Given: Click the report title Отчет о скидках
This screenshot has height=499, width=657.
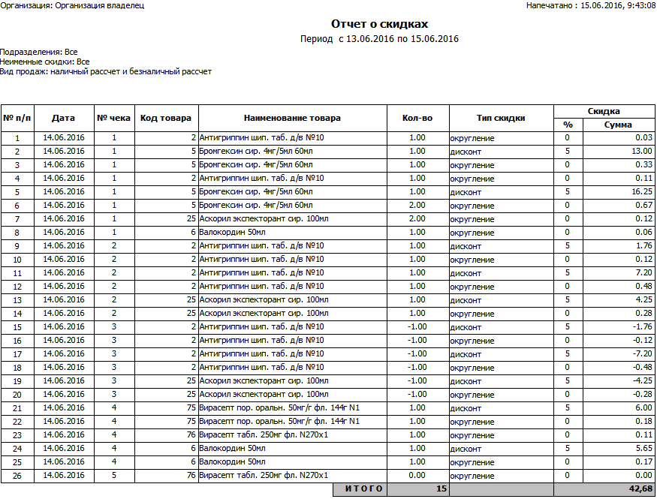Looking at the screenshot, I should (379, 24).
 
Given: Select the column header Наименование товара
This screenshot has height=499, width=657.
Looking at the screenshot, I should (292, 118).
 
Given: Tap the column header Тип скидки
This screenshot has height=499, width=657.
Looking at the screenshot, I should (500, 118).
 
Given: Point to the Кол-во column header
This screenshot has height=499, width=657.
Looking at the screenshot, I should (417, 118).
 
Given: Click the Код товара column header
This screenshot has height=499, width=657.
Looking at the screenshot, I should (166, 118).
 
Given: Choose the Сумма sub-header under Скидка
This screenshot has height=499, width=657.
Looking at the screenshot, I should (618, 125).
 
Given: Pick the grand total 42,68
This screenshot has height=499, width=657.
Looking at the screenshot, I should (640, 489).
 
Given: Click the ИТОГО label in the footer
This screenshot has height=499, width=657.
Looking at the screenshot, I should (364, 489).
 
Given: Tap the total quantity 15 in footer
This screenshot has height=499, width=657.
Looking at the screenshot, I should (442, 489).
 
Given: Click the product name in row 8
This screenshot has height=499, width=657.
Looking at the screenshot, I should (225, 233).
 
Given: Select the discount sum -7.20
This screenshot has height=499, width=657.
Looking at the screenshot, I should (641, 354).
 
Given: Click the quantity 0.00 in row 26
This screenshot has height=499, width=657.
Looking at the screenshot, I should (417, 476).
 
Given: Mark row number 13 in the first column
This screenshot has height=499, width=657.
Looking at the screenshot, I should (17, 300).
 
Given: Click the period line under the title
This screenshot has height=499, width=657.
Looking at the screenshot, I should (379, 39).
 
